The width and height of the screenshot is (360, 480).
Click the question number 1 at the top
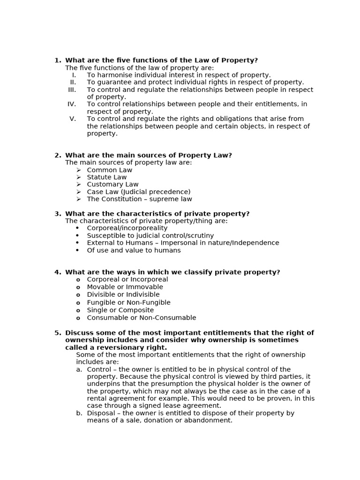(x=58, y=60)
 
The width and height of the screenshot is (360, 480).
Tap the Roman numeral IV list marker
(x=71, y=104)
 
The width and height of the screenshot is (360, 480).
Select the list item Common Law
(x=109, y=170)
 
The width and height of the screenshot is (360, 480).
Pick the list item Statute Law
(x=106, y=177)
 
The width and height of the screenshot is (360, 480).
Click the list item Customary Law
(x=112, y=185)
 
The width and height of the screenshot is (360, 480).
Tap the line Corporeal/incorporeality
(x=127, y=228)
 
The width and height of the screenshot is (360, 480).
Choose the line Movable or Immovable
(x=125, y=287)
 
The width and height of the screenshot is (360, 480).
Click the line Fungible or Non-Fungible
(x=128, y=303)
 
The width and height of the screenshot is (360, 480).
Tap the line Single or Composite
(x=120, y=310)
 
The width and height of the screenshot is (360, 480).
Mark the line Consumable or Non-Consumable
(x=141, y=318)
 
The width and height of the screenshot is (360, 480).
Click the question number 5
(x=58, y=333)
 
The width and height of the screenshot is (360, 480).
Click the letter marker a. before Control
(x=79, y=369)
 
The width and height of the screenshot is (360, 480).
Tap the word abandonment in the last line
(x=209, y=420)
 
